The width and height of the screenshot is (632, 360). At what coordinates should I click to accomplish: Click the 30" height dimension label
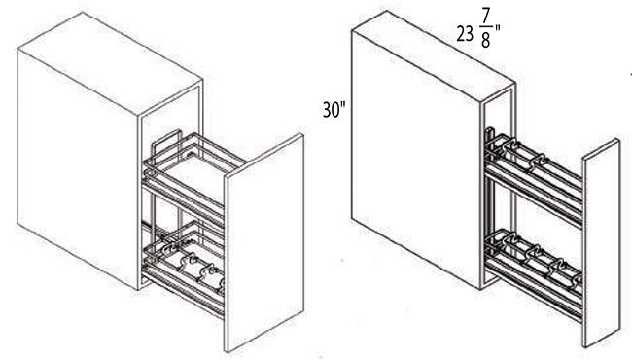334,109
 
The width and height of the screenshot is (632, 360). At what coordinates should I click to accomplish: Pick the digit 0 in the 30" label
336,109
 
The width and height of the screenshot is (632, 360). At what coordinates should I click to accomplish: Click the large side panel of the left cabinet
78,165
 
